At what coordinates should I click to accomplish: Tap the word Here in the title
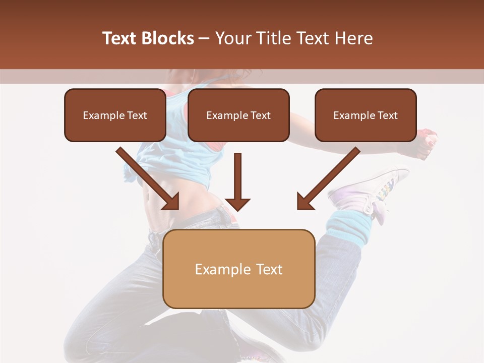click(x=353, y=38)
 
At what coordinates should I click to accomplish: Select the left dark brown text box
click(x=115, y=115)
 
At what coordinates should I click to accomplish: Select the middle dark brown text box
click(x=238, y=115)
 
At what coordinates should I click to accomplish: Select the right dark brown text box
click(x=366, y=115)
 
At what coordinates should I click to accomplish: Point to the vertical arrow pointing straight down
click(x=237, y=181)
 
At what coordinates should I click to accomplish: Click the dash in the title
click(x=204, y=39)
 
